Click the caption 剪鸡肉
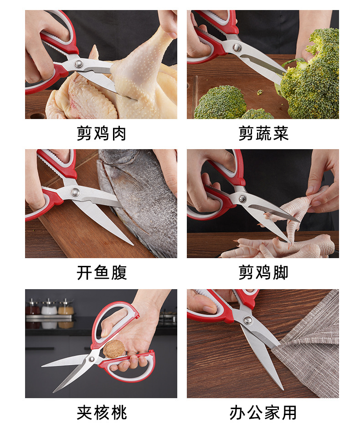(x=101, y=134)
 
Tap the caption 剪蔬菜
(x=263, y=134)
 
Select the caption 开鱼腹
(x=101, y=273)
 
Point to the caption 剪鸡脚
(x=263, y=273)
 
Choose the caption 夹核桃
(x=101, y=413)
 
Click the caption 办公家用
(x=263, y=413)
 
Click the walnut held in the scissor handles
(x=114, y=349)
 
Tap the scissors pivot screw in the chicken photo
(x=79, y=64)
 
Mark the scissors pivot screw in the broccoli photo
(x=237, y=47)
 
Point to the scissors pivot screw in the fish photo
(x=75, y=192)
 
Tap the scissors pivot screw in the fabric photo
(x=248, y=320)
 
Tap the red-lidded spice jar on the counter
(x=32, y=309)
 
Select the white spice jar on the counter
(x=49, y=309)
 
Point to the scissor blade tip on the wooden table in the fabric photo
(x=281, y=388)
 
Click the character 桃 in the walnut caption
(x=118, y=413)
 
